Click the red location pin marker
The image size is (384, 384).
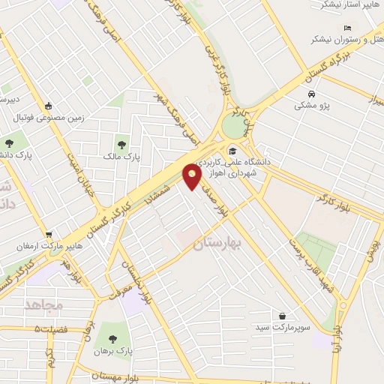click(x=193, y=175)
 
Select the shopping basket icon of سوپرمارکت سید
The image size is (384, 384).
click(x=282, y=317)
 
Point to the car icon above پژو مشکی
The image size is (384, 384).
click(x=311, y=94)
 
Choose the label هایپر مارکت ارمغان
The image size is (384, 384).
click(x=49, y=246)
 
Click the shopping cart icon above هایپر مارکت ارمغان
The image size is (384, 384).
click(x=49, y=234)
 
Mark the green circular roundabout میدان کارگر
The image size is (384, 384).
click(x=236, y=127)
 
